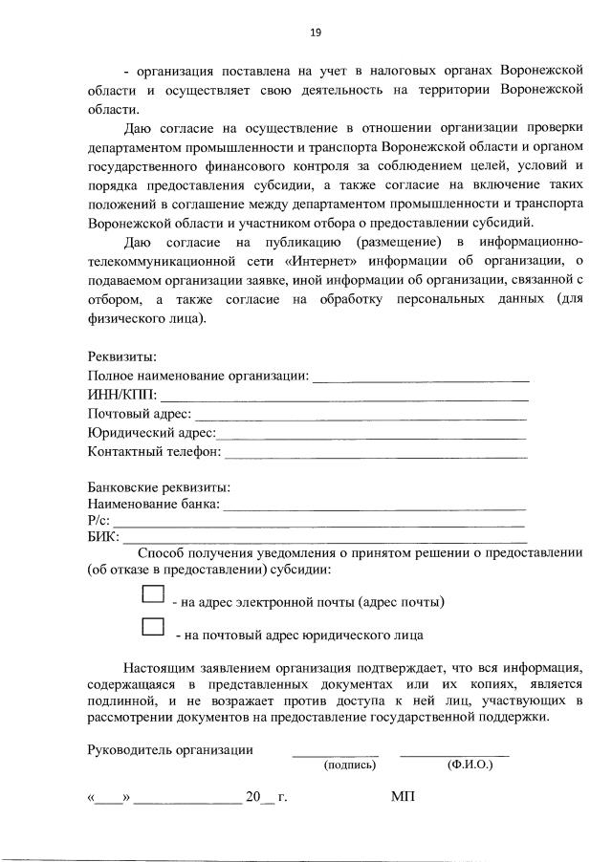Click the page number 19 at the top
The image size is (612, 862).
click(315, 32)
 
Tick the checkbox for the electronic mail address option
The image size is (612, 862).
click(153, 594)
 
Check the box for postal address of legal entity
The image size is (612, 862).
click(153, 627)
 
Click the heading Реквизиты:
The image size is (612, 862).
click(122, 356)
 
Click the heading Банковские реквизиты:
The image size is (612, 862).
click(159, 486)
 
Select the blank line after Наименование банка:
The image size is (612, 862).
click(373, 506)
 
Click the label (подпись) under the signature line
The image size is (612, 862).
click(350, 765)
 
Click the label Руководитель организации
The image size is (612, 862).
click(170, 750)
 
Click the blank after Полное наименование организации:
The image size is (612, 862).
click(421, 378)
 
